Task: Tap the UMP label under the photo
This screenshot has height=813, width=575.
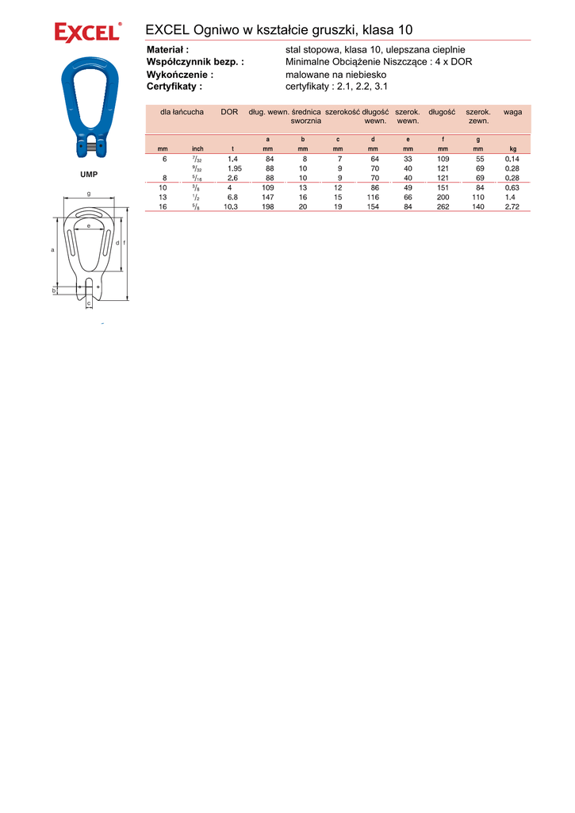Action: click(89, 175)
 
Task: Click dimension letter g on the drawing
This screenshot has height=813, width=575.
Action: click(89, 194)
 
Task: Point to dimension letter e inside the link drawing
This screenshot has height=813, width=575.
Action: click(89, 226)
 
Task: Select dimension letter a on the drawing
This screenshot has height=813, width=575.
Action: click(53, 250)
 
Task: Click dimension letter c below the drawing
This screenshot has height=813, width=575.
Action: click(89, 303)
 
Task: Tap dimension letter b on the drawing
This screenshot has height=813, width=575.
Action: click(53, 291)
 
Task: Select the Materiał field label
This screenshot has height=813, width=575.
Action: click(167, 50)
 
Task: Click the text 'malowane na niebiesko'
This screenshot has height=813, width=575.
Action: click(335, 75)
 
